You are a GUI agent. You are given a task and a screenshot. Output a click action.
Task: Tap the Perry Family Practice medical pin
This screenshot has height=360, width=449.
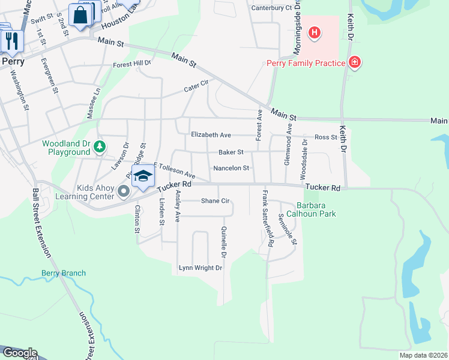[355, 62]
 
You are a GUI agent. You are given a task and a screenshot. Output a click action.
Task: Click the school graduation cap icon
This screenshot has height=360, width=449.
[143, 177]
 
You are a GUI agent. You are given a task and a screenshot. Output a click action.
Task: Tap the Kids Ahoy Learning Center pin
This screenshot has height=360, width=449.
[124, 192]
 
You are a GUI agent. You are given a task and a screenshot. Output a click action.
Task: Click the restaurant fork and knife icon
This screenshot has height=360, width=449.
[11, 40]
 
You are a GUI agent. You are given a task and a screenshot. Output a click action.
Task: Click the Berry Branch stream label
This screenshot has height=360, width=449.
[63, 273]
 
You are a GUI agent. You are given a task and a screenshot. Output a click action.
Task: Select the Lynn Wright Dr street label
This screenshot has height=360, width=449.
[200, 268]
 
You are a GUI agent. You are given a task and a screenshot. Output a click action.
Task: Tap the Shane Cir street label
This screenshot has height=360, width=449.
[215, 201]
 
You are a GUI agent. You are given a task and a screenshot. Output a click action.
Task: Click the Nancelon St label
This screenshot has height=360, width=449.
[231, 169]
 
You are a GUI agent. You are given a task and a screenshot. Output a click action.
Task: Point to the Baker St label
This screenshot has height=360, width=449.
[231, 152]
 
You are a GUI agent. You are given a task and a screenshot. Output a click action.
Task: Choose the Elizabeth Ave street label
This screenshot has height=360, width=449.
[211, 135]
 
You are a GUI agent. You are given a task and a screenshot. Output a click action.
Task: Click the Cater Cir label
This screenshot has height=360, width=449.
[196, 88]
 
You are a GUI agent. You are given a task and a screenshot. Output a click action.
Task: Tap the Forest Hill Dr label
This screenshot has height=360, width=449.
[132, 62]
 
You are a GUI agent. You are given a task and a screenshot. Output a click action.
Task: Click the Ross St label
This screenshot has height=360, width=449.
[326, 137]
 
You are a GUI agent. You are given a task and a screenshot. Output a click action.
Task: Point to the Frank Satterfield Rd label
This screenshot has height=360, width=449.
[268, 219]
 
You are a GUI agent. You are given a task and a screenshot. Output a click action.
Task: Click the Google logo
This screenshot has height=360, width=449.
[19, 353]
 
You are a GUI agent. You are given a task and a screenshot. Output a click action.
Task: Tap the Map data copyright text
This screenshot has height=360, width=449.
[424, 355]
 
